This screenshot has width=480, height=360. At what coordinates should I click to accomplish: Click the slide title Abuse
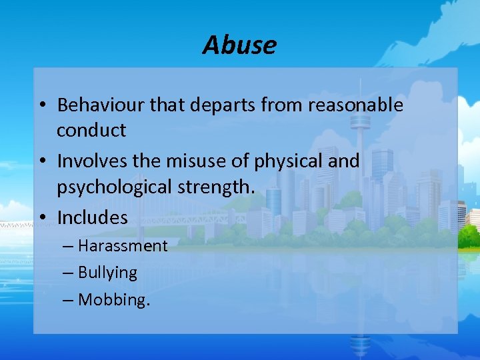click(239, 45)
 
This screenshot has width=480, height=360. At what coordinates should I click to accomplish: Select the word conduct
click(91, 130)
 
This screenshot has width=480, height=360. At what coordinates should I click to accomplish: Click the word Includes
click(92, 217)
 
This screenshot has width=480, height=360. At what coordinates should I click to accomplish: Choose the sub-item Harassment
click(123, 246)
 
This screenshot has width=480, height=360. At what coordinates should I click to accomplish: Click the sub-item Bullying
click(107, 273)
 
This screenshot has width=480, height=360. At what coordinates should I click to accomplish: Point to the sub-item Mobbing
click(113, 300)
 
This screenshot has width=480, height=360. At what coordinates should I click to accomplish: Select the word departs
click(219, 105)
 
